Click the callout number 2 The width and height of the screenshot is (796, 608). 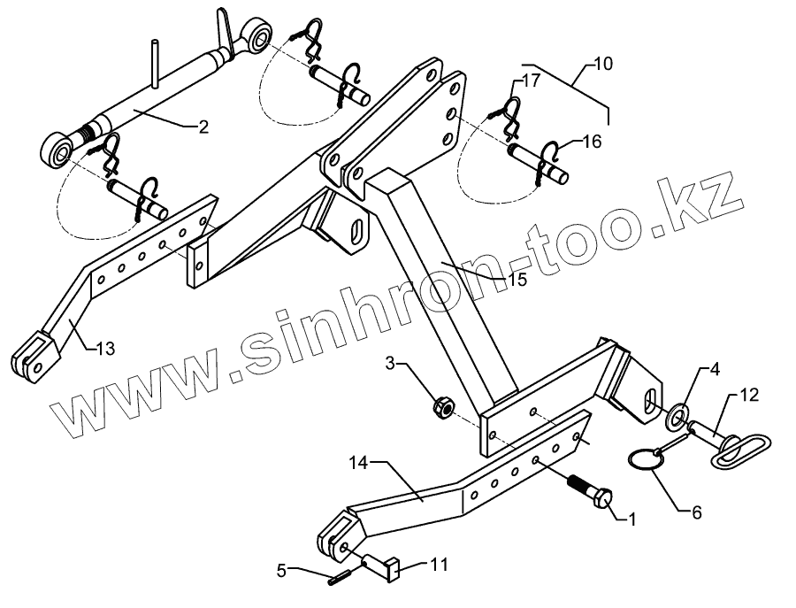203,127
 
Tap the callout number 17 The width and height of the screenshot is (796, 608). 530,81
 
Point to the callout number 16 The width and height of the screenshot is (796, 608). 592,140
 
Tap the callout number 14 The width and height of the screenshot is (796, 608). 358,462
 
